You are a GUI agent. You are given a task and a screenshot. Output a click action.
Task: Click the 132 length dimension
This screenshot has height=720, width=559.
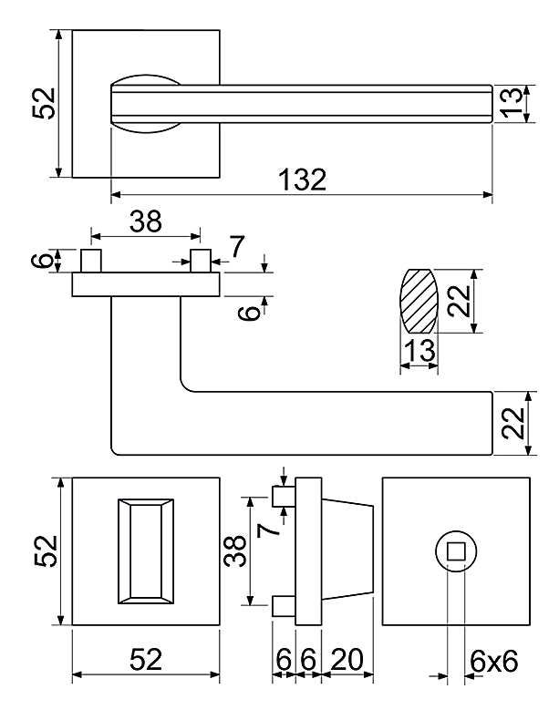(x=303, y=180)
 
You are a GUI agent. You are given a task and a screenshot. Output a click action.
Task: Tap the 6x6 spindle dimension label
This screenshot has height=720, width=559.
(x=493, y=662)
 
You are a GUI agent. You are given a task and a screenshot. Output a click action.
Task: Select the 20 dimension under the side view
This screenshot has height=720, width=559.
(x=347, y=660)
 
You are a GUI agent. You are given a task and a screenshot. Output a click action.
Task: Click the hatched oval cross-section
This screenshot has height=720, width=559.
(x=419, y=301)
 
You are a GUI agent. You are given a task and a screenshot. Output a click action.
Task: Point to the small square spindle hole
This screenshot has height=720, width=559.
(x=456, y=551)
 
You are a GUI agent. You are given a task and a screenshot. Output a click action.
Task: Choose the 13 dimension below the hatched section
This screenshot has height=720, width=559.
(x=420, y=350)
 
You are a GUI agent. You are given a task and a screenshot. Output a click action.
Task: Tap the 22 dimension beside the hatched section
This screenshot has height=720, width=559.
(x=460, y=301)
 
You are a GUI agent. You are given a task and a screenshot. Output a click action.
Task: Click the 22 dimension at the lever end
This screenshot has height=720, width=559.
(x=512, y=424)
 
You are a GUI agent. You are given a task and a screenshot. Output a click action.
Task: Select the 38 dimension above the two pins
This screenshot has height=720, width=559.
(x=146, y=221)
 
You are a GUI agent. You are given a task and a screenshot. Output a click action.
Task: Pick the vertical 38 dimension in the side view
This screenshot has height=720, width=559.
(x=235, y=551)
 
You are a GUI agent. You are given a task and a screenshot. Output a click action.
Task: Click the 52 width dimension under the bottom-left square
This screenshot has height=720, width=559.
(x=146, y=660)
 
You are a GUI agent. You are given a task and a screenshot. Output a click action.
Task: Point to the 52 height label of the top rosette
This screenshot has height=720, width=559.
(x=44, y=103)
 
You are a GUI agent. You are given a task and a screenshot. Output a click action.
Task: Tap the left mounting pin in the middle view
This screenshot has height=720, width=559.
(x=91, y=261)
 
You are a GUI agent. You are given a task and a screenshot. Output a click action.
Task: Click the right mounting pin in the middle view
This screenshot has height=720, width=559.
(x=201, y=261)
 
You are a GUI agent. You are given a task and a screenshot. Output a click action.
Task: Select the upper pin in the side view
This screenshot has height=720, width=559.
(x=284, y=497)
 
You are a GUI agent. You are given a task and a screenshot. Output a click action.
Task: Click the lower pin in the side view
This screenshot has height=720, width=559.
(x=284, y=606)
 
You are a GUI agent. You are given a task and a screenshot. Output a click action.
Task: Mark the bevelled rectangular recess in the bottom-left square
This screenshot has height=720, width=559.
(x=146, y=551)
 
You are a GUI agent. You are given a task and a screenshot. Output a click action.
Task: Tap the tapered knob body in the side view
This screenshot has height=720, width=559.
(x=347, y=551)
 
